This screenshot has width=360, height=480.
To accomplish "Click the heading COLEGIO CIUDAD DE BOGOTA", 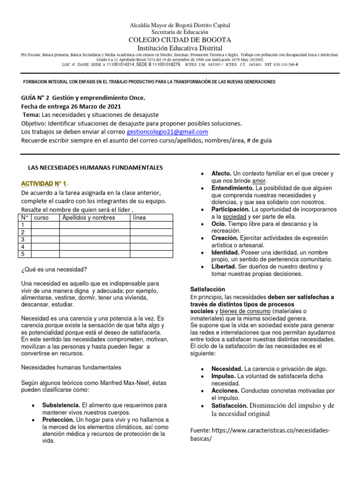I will (x=180, y=40).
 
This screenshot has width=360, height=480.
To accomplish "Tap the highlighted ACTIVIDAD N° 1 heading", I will (x=44, y=183).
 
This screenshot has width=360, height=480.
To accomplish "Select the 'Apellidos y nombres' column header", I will (x=88, y=217).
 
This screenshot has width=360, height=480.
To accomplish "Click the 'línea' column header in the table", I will (x=139, y=217).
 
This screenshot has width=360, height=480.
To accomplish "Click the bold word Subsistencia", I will (x=61, y=405).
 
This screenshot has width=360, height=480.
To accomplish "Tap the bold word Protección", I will (x=58, y=420).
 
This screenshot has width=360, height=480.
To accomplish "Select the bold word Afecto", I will (x=221, y=173).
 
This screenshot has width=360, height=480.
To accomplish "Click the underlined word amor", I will (x=259, y=180).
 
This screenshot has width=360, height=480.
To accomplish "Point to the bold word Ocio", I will (x=219, y=224).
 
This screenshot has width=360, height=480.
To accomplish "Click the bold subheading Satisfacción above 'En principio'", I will (x=208, y=289).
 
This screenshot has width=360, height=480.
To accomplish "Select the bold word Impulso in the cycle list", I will (x=224, y=376).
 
